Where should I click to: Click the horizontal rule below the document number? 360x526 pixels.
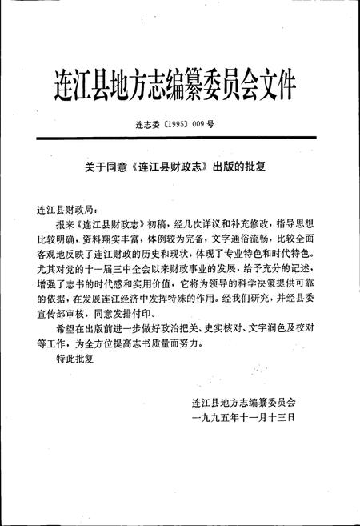(x=179, y=143)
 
